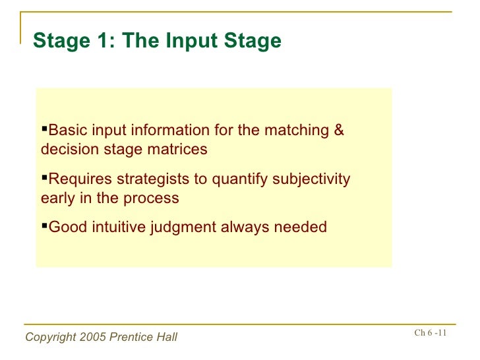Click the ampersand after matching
pos(339,130)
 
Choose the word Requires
pos(78,179)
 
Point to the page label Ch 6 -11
pos(430,332)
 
